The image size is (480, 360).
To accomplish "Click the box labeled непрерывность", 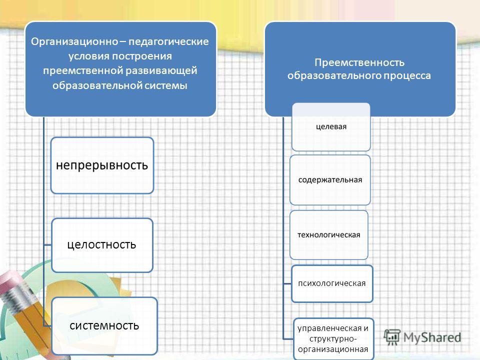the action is (x=102, y=165).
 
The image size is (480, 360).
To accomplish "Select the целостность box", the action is (x=102, y=245).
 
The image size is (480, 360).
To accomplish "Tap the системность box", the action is (x=104, y=326).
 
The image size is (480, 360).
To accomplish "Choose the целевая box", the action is (x=331, y=126).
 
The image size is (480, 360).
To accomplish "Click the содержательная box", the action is (x=330, y=179).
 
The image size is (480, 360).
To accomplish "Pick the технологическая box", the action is (x=329, y=235).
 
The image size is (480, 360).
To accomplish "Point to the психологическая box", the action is (x=332, y=283).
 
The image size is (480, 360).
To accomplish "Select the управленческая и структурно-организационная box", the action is (x=333, y=339).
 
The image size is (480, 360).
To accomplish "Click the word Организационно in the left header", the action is (x=74, y=41).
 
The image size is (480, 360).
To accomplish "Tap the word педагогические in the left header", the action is (x=168, y=41).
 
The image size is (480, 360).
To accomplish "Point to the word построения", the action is (x=141, y=56).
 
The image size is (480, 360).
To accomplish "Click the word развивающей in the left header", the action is (x=161, y=70).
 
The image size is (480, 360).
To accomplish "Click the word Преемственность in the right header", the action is (x=359, y=62).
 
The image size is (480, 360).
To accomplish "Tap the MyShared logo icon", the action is (x=392, y=337).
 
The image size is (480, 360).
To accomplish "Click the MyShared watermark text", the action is (x=432, y=337).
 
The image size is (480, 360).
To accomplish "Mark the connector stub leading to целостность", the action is (x=47, y=245).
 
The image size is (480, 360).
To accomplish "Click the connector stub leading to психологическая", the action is (x=287, y=284).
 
